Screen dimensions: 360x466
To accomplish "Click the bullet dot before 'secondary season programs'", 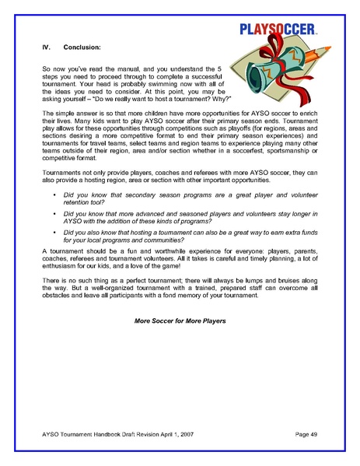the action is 54,192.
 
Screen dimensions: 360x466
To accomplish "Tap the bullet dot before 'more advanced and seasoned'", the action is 54,212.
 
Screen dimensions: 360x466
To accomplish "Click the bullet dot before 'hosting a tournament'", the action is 54,232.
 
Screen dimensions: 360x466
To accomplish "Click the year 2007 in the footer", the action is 193,432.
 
